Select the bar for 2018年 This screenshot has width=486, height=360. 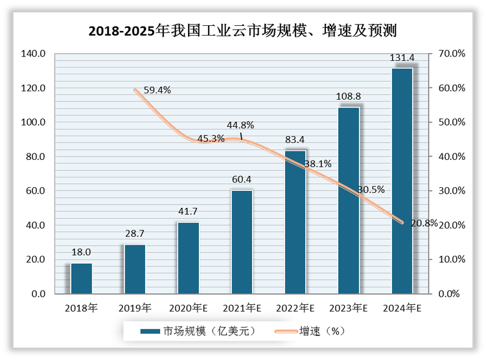click(x=81, y=278)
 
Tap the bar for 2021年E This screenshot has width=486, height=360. click(x=242, y=242)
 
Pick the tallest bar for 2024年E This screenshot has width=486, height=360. click(x=402, y=181)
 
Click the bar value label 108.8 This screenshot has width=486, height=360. click(x=348, y=96)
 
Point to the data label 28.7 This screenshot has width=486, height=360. click(x=135, y=234)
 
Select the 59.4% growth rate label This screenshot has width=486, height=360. click(x=156, y=91)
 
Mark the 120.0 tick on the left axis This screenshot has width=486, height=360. click(x=32, y=88)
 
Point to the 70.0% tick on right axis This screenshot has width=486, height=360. click(x=452, y=54)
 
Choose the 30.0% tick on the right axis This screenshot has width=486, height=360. click(x=452, y=191)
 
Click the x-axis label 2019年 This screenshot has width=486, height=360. click(x=134, y=308)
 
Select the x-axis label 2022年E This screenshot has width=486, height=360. click(x=295, y=308)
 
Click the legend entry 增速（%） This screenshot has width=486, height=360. click(x=321, y=331)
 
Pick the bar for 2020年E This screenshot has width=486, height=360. click(x=189, y=258)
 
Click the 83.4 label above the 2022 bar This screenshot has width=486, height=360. click(x=295, y=140)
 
